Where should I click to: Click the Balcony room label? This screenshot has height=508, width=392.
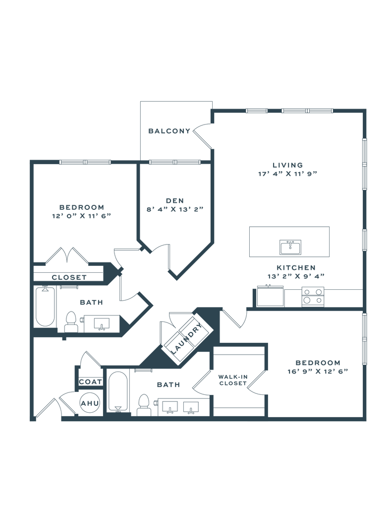click(x=169, y=131)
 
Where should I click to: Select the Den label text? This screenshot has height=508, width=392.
click(x=175, y=200)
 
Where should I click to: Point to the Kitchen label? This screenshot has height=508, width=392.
click(x=295, y=267)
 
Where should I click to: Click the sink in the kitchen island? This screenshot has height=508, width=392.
click(x=290, y=246)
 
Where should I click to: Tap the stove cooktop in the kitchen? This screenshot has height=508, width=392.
click(x=313, y=296)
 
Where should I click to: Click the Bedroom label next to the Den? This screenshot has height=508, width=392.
click(x=81, y=206)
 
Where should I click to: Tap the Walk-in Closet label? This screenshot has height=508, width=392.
click(x=232, y=380)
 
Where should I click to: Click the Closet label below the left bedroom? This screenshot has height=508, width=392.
click(x=69, y=277)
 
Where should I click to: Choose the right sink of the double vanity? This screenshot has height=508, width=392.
click(x=190, y=407)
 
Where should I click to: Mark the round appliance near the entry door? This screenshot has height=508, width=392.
click(x=91, y=403)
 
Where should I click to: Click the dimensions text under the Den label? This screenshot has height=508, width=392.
click(x=175, y=209)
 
